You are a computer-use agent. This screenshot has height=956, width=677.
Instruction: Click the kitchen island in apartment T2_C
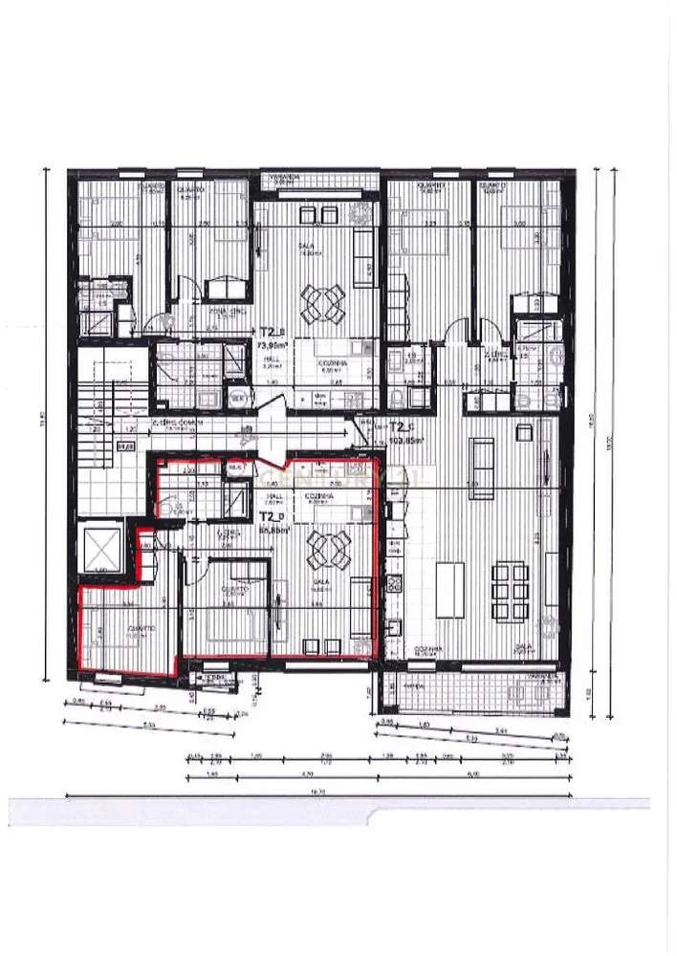click(450, 590)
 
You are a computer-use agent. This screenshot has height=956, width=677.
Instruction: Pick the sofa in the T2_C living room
click(482, 464)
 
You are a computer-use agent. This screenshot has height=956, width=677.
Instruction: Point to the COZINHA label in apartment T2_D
click(319, 497)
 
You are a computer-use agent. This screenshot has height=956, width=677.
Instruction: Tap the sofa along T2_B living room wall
click(364, 250)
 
